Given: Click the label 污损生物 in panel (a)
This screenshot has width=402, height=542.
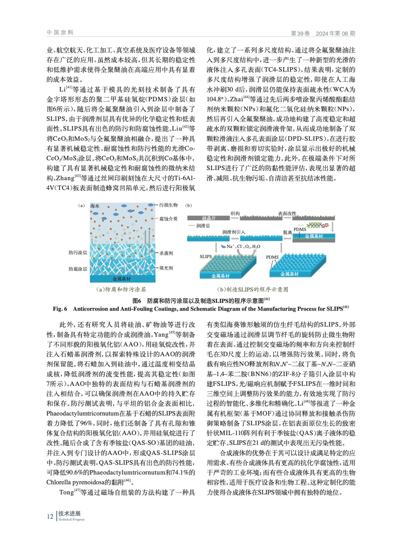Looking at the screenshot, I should coord(168,205).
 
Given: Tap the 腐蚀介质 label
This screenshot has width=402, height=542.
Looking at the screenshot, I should coord(168,219).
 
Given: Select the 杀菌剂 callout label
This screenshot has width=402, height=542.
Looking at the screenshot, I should coord(166,253).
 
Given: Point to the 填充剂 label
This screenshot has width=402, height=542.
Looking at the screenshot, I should coord(166,268).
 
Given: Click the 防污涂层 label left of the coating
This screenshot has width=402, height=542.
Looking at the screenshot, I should coord(78,253).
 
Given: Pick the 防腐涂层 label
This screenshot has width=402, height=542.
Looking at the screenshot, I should coord(78,269).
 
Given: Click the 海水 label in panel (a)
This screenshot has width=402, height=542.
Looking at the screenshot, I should coord(95,206).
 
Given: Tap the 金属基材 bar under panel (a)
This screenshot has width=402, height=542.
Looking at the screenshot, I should coord(122,279).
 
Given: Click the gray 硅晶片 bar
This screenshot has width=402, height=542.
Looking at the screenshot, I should coord(209,218).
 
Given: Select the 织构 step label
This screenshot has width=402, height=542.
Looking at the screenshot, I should coord(235,213).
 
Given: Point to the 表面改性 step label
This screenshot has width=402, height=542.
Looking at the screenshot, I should coord(287,213).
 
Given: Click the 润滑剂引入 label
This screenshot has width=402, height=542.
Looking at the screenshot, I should coord(233,232).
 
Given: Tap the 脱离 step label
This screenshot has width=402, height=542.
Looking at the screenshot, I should coord(287,232).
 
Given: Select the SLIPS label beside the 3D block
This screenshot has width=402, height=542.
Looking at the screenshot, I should coord(206,256).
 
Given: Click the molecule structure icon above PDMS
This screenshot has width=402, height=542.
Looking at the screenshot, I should coord(317,225).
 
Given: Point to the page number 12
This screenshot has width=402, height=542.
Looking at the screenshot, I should coord(50,517).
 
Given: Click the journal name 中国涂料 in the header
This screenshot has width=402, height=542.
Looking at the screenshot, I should coord(60,33).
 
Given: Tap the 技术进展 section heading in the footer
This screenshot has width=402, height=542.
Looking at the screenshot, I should coord(69,514).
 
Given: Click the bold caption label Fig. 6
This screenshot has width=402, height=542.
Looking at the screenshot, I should coord(60,309).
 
